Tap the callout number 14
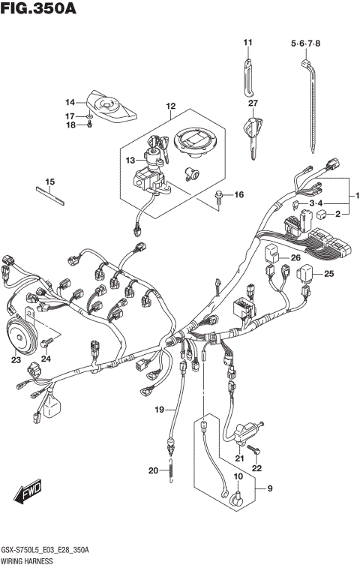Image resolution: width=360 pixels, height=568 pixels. pos(70,102)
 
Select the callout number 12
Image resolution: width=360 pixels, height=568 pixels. pos(170,107)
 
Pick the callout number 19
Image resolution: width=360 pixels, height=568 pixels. pos(159,409)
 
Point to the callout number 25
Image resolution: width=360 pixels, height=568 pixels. pos(328,274)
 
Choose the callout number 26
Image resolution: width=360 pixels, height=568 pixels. pos(295,258)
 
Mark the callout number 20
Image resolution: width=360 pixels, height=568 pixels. pos(152,470)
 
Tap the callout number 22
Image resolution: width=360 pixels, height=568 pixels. pos(257,468)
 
